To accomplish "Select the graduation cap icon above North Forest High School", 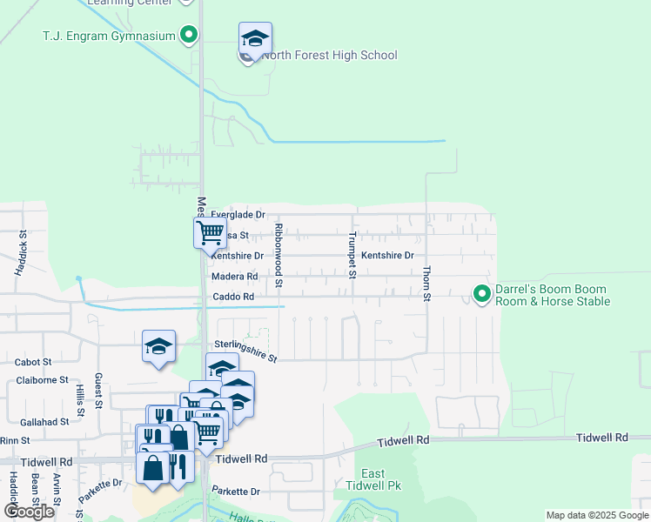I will [x=255, y=38].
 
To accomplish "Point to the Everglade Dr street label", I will [x=238, y=215].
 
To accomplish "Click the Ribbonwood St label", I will [x=279, y=255].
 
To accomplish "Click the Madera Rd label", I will [x=235, y=277].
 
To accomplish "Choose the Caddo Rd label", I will [x=233, y=297].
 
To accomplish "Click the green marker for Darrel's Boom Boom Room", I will [x=481, y=295].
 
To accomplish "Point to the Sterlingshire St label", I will [x=245, y=351].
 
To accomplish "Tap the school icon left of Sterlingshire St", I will [x=159, y=346].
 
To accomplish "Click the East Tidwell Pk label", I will [x=372, y=479].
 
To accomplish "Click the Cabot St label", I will [x=34, y=362].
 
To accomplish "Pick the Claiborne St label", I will [x=41, y=380].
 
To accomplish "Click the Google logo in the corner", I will [x=30, y=511].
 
